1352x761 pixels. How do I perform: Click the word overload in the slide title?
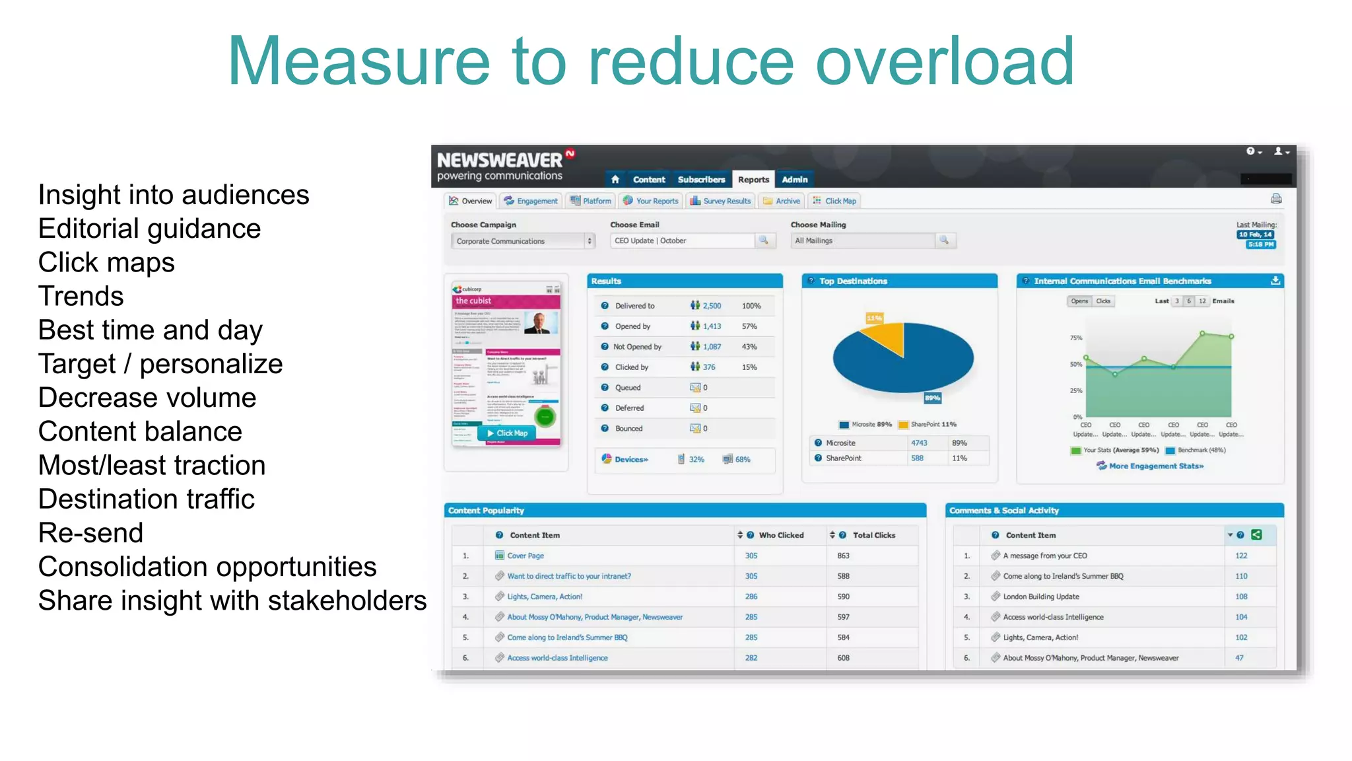click(945, 61)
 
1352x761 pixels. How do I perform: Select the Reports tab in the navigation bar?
click(753, 180)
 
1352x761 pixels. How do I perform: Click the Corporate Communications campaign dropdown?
click(522, 241)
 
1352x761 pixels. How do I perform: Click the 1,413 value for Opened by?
click(712, 326)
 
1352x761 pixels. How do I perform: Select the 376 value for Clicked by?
click(709, 367)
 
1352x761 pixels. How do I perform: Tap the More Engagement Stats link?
click(1156, 466)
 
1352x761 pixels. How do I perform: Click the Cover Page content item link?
click(525, 556)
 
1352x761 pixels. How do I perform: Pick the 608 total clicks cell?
click(844, 658)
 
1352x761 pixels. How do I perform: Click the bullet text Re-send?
click(90, 533)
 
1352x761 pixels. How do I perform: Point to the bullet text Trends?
click(81, 297)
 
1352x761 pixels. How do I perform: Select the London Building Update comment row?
click(1041, 597)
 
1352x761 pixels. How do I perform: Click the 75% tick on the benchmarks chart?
click(1076, 338)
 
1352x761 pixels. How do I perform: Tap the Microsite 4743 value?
click(919, 443)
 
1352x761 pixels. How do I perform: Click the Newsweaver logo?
click(500, 160)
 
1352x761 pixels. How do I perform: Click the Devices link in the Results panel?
click(631, 459)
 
